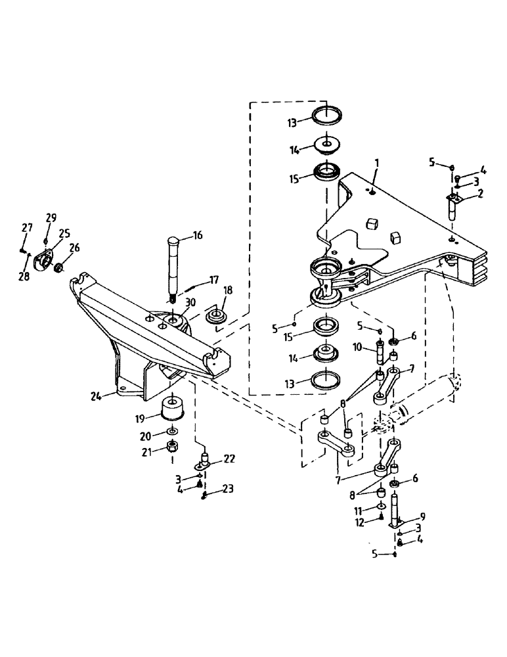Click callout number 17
pos(215,279)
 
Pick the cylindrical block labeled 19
pos(171,408)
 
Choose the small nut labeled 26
pos(58,268)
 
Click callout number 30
pos(190,302)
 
